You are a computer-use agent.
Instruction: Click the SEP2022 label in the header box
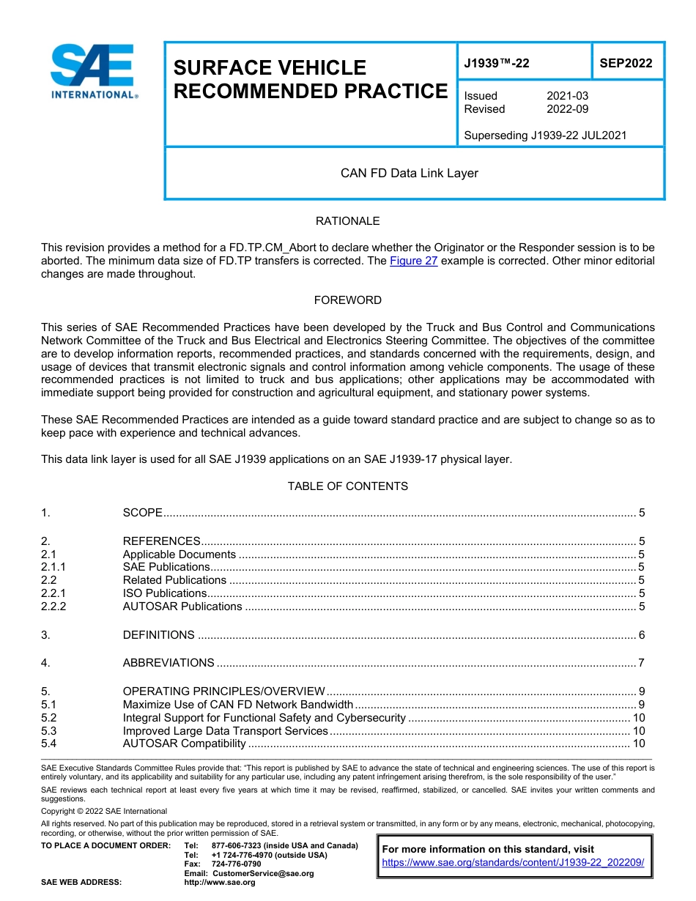coord(626,64)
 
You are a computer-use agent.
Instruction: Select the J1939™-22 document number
coord(497,64)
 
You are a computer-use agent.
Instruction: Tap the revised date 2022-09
coord(567,109)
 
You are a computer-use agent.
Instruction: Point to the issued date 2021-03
coord(567,96)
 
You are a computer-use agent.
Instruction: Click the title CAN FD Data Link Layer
coord(409,174)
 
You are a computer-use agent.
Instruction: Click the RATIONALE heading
coord(347,221)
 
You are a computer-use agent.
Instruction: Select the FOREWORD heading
coord(347,300)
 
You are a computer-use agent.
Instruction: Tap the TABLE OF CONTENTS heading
coord(347,486)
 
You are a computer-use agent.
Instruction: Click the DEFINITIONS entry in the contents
coord(159,635)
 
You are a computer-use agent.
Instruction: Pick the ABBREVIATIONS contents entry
coord(169,663)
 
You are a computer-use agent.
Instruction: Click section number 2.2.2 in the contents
coord(53,607)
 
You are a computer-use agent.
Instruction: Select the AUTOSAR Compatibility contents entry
coord(184,744)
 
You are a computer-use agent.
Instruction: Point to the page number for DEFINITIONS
coord(641,635)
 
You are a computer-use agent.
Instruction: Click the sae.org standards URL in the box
coord(513,863)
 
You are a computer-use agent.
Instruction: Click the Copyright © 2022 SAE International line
coord(104,811)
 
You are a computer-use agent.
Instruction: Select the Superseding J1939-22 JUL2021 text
coord(545,136)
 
